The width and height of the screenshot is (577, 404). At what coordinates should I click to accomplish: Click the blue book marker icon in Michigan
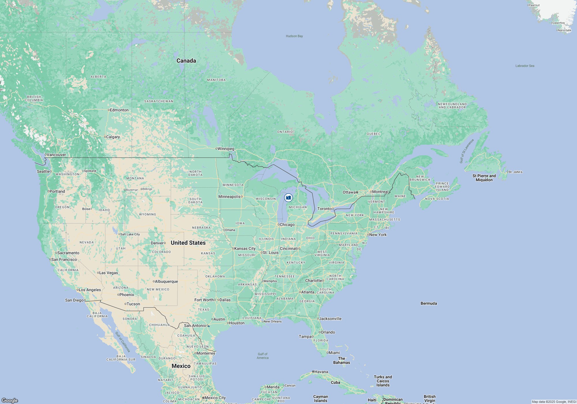click(x=288, y=198)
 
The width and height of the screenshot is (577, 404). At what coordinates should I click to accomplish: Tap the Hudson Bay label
click(x=294, y=36)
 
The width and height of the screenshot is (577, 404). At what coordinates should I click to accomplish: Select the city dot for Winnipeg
click(x=216, y=149)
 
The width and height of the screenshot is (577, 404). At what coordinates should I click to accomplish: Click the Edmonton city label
click(x=119, y=110)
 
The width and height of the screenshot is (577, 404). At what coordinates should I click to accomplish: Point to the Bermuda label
click(x=428, y=303)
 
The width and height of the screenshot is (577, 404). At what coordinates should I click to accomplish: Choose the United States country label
click(x=188, y=243)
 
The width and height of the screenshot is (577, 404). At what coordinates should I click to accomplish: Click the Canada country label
click(x=186, y=61)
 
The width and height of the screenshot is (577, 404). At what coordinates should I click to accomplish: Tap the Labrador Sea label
click(x=525, y=66)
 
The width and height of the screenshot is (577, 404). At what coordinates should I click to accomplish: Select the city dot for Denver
click(x=165, y=243)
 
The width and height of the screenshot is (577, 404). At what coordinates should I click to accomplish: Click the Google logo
click(x=10, y=400)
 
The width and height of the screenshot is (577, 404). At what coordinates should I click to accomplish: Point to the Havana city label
click(x=321, y=372)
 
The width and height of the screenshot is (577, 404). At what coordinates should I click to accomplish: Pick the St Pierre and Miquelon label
click(x=484, y=178)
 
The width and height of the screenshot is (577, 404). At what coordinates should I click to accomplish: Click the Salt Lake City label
click(x=130, y=234)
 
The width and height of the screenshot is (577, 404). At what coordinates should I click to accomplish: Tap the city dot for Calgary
click(x=105, y=137)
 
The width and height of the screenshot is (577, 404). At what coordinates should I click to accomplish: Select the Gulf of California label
click(x=123, y=342)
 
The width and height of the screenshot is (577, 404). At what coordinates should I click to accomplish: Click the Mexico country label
click(x=181, y=366)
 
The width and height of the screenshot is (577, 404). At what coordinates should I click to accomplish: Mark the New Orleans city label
click(x=273, y=321)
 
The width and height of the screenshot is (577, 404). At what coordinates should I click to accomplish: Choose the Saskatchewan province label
click(x=159, y=101)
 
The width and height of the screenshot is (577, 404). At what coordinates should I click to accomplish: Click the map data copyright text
click(x=554, y=402)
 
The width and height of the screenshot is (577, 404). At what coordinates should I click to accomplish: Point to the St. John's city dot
click(x=507, y=172)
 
